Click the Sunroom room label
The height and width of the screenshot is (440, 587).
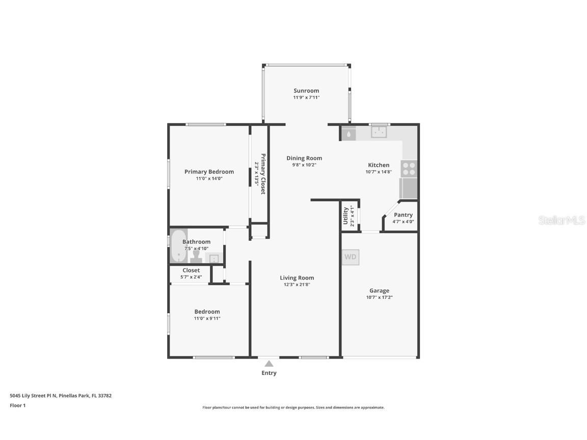[306, 91]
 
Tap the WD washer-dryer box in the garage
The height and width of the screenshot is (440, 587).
[350, 257]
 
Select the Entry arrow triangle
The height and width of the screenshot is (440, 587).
[269, 364]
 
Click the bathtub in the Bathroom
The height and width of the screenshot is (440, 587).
[178, 246]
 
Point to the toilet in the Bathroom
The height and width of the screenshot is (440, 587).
[196, 256]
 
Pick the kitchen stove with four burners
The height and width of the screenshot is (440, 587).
[409, 169]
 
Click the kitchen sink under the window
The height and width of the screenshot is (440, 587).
[378, 132]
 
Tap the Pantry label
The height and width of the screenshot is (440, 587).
[403, 215]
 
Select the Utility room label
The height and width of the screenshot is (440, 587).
[345, 215]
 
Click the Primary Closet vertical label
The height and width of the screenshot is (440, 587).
[263, 174]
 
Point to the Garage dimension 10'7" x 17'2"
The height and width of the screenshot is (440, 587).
[379, 297]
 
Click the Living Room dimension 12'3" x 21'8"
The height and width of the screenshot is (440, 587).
[297, 285]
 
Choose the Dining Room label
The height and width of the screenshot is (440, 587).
[304, 158]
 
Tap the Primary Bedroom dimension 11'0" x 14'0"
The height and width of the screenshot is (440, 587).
[209, 179]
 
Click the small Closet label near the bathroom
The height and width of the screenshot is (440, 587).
[191, 270]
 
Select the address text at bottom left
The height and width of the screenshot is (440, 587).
[61, 395]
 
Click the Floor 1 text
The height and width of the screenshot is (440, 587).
[17, 405]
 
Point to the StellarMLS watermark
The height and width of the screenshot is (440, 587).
[562, 220]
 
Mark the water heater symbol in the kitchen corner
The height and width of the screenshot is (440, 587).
[349, 134]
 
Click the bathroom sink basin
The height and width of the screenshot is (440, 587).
[214, 258]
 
